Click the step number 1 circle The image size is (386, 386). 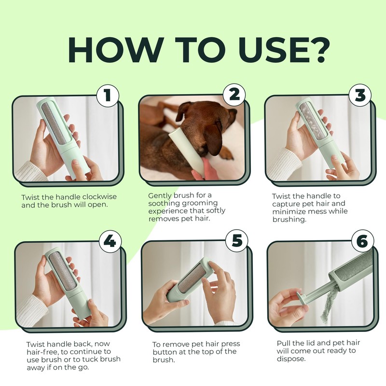[108, 95]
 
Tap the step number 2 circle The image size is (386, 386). [234, 95]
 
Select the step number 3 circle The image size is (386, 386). [360, 95]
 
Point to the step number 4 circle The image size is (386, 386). [110, 241]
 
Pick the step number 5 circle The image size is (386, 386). [237, 240]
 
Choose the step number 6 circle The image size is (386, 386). [362, 241]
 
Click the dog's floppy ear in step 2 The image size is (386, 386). [213, 139]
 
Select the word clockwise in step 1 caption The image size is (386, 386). [99, 197]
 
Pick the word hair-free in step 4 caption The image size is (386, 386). [42, 352]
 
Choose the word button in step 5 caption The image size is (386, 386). [165, 352]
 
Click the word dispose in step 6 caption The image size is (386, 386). [291, 358]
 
